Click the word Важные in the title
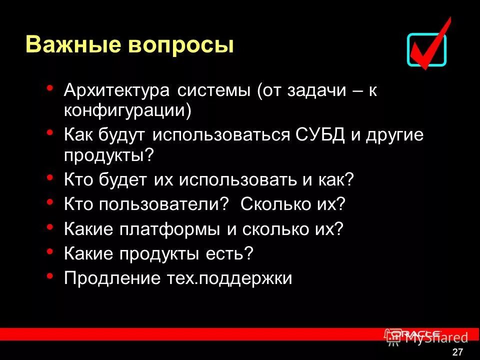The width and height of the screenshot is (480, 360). point(69,45)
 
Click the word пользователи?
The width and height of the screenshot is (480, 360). point(163,204)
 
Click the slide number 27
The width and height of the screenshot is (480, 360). point(457,352)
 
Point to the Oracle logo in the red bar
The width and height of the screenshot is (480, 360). point(415,334)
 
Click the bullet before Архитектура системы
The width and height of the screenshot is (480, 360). point(49,88)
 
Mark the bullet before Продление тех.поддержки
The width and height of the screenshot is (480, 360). point(49,275)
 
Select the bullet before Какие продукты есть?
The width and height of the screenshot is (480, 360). point(49,250)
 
